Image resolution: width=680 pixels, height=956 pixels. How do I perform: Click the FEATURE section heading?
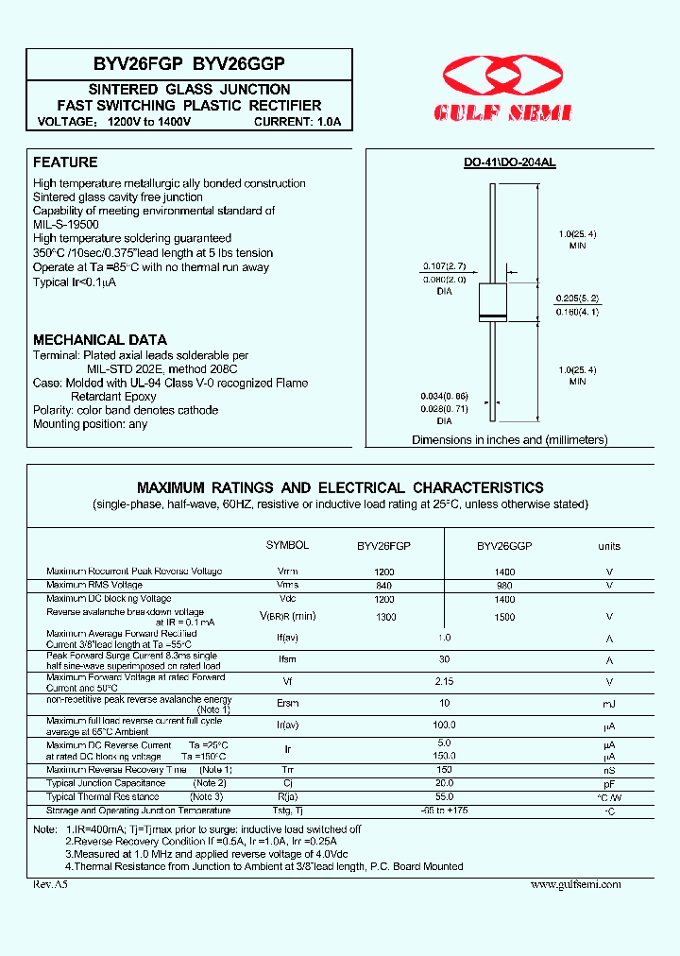click(65, 162)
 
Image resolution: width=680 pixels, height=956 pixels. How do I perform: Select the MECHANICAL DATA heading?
click(100, 339)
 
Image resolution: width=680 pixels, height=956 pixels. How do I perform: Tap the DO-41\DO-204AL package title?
click(509, 162)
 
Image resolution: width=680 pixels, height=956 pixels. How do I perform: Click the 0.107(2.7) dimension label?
click(444, 266)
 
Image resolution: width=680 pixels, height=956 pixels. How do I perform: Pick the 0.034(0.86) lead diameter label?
click(444, 397)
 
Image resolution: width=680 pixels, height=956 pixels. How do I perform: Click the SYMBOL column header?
click(287, 546)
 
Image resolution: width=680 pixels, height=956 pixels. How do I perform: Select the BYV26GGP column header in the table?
click(504, 546)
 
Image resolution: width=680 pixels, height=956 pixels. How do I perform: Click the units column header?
click(609, 546)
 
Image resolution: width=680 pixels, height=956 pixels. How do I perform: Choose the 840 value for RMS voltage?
click(383, 585)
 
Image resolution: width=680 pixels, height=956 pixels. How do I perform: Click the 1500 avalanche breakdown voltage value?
click(504, 617)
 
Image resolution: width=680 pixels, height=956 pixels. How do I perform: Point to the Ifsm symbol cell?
click(287, 660)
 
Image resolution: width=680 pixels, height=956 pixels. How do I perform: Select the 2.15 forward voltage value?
click(444, 681)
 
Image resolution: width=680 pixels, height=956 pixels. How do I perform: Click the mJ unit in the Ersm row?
click(609, 704)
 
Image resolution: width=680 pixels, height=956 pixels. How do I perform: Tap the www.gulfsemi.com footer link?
click(575, 884)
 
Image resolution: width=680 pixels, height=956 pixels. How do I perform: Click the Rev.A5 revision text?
click(51, 884)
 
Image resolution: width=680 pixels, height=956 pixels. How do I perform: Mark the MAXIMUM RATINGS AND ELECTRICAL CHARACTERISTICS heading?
click(340, 488)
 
